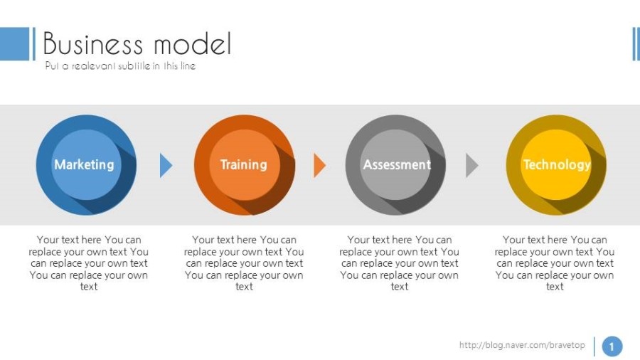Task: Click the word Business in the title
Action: tap(92, 43)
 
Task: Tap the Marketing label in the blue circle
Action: tap(84, 164)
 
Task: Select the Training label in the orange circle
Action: tap(244, 164)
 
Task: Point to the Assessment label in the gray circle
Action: tap(397, 164)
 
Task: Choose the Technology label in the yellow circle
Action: tap(557, 164)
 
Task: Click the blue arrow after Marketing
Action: tap(166, 165)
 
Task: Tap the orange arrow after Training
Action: tap(319, 165)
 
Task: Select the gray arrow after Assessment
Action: tap(472, 165)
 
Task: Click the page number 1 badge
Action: tap(612, 346)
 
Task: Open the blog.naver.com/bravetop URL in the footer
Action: tap(522, 345)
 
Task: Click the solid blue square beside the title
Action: tap(15, 43)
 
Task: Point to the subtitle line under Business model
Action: tap(120, 65)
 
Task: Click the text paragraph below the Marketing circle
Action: tap(89, 263)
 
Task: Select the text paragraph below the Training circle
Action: tap(244, 263)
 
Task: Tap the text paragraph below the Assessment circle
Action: tap(399, 263)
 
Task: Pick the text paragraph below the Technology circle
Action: tap(555, 263)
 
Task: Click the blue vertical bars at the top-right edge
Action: tap(636, 43)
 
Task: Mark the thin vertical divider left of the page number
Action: tap(594, 346)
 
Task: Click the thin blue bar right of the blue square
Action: tap(34, 43)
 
